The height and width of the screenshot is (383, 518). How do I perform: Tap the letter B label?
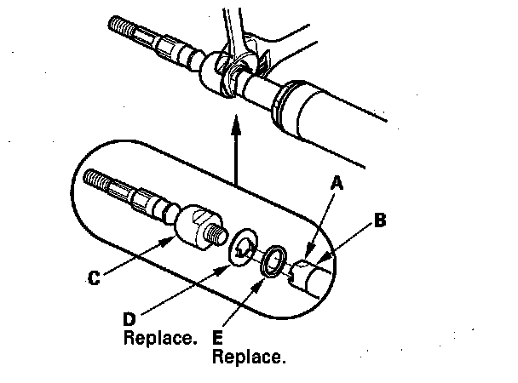[x=380, y=221]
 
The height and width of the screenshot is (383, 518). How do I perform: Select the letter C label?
[x=96, y=276]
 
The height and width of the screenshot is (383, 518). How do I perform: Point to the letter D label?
[x=129, y=317]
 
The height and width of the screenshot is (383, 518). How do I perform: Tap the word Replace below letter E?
[x=249, y=356]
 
